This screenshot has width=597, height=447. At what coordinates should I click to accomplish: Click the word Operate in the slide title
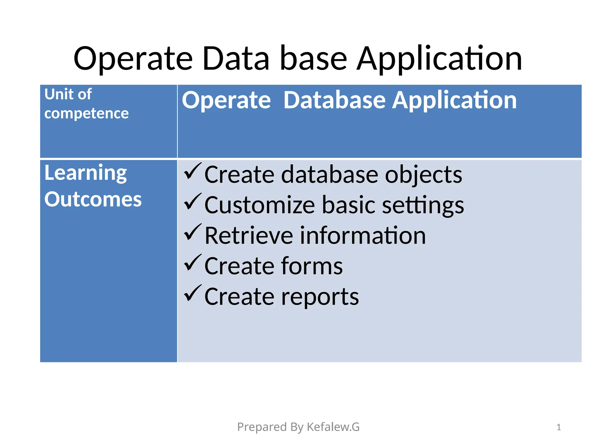tap(133, 59)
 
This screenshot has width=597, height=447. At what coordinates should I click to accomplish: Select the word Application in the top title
tap(439, 59)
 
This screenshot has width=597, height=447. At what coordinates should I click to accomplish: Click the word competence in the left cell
tap(86, 113)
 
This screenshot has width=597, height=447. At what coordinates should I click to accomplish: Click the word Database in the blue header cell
tap(335, 100)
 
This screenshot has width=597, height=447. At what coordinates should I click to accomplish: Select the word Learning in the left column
tap(85, 173)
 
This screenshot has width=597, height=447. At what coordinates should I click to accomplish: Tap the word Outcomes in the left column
tap(93, 200)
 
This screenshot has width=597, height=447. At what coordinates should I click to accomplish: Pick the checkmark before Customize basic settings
tap(192, 202)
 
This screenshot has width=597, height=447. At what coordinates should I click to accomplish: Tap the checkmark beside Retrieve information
tap(192, 232)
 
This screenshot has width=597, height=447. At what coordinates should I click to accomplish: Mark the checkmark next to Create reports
tap(192, 293)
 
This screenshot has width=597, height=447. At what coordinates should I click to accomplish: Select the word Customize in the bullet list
tap(259, 205)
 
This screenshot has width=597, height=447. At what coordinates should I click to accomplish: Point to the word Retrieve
tap(249, 236)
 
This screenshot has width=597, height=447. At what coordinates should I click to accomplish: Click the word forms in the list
tap(312, 266)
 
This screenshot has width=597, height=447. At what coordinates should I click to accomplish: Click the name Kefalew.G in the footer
tap(333, 427)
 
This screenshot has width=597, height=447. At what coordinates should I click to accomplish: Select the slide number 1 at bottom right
tap(559, 427)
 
